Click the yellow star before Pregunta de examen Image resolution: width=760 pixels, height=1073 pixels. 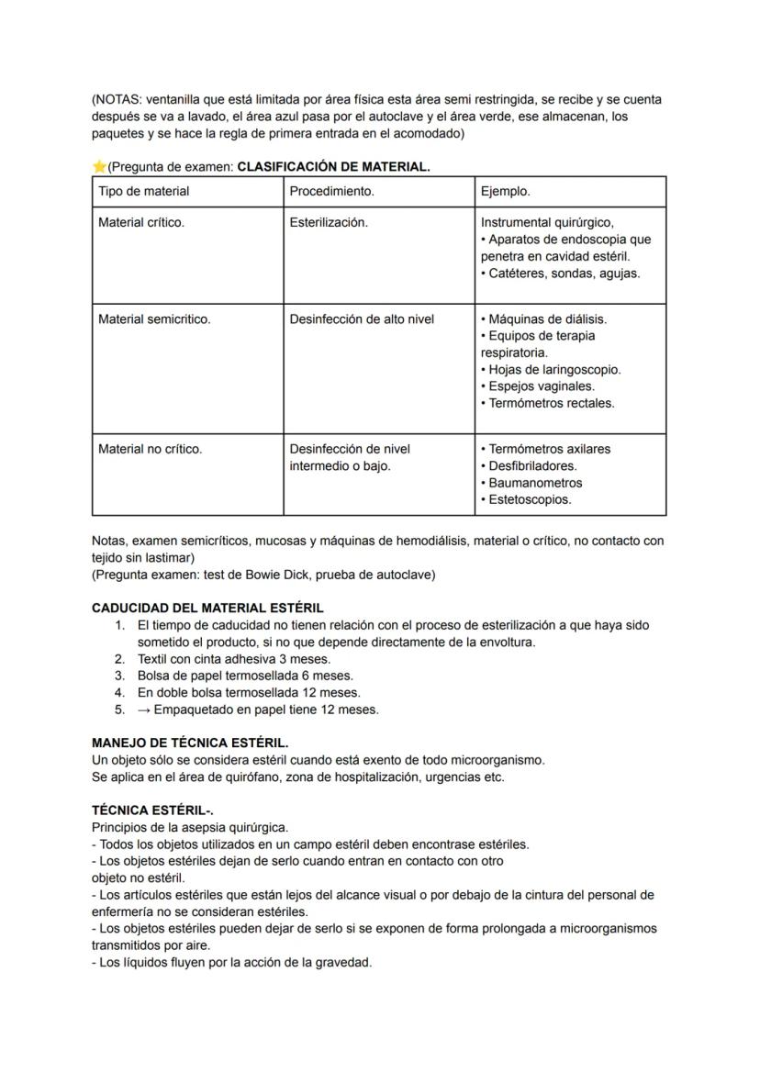pyautogui.click(x=99, y=167)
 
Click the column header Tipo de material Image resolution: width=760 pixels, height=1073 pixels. pyautogui.click(x=143, y=192)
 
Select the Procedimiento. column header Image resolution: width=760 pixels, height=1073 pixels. pyautogui.click(x=331, y=192)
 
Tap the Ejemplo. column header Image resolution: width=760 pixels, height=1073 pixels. pyautogui.click(x=506, y=192)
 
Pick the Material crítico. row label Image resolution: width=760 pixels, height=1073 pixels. pyautogui.click(x=140, y=222)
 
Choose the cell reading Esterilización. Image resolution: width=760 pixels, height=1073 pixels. pyautogui.click(x=329, y=222)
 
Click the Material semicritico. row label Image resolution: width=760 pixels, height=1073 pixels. pyautogui.click(x=154, y=319)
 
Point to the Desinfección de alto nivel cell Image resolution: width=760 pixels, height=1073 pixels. pyautogui.click(x=362, y=319)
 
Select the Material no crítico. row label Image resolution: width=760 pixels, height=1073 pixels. pyautogui.click(x=150, y=449)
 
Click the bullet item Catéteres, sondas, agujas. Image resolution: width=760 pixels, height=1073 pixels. pyautogui.click(x=564, y=273)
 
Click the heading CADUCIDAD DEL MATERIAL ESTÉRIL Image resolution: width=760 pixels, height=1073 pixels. pyautogui.click(x=207, y=608)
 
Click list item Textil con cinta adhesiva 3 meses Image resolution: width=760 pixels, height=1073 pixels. pyautogui.click(x=234, y=659)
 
